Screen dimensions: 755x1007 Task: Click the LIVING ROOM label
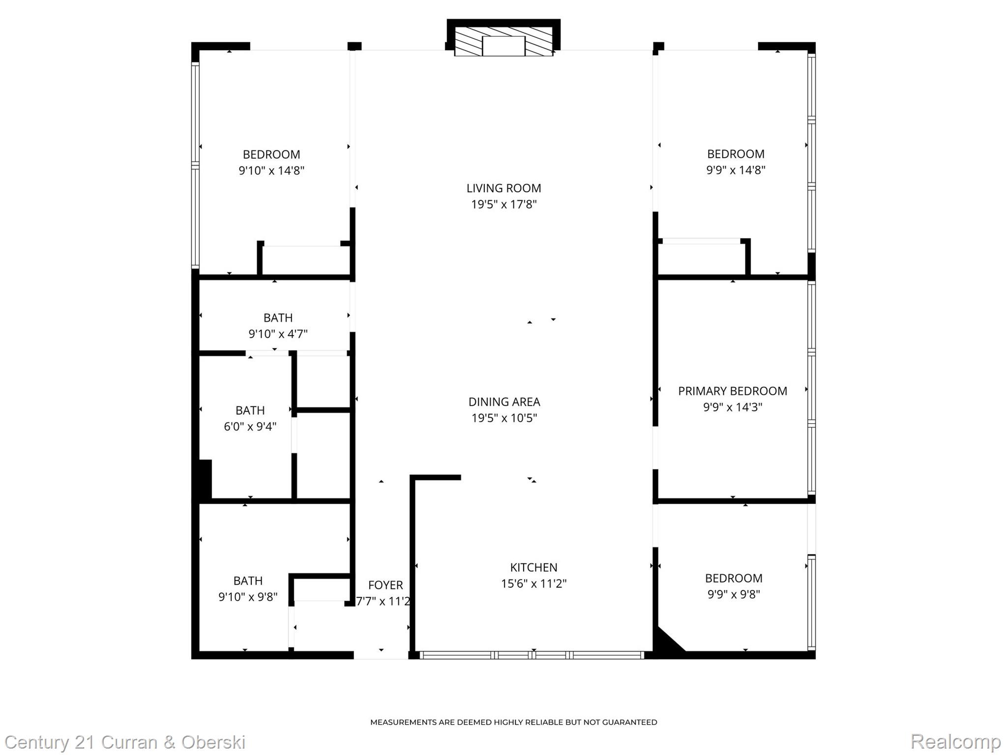click(503, 188)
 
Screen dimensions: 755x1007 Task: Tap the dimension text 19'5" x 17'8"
click(503, 204)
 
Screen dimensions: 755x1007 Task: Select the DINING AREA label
click(504, 402)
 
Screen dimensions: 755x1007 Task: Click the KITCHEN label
click(533, 567)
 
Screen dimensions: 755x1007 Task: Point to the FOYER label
click(385, 585)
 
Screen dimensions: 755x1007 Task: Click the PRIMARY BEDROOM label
click(732, 391)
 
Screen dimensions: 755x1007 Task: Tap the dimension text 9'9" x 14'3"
click(732, 407)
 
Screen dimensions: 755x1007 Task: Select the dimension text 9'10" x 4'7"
click(278, 334)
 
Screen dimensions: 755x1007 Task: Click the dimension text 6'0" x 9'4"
click(250, 426)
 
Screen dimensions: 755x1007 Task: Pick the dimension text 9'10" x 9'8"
click(248, 597)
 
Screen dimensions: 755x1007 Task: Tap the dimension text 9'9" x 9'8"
click(733, 594)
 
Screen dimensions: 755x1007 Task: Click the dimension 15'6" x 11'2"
click(533, 583)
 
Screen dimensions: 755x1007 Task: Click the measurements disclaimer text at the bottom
click(513, 722)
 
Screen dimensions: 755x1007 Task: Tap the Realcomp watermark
click(955, 741)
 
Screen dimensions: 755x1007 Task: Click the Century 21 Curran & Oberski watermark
click(125, 742)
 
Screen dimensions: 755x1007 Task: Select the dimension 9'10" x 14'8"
click(271, 171)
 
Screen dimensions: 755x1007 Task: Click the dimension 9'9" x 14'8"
click(736, 170)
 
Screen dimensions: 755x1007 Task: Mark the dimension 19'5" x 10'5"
click(504, 418)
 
